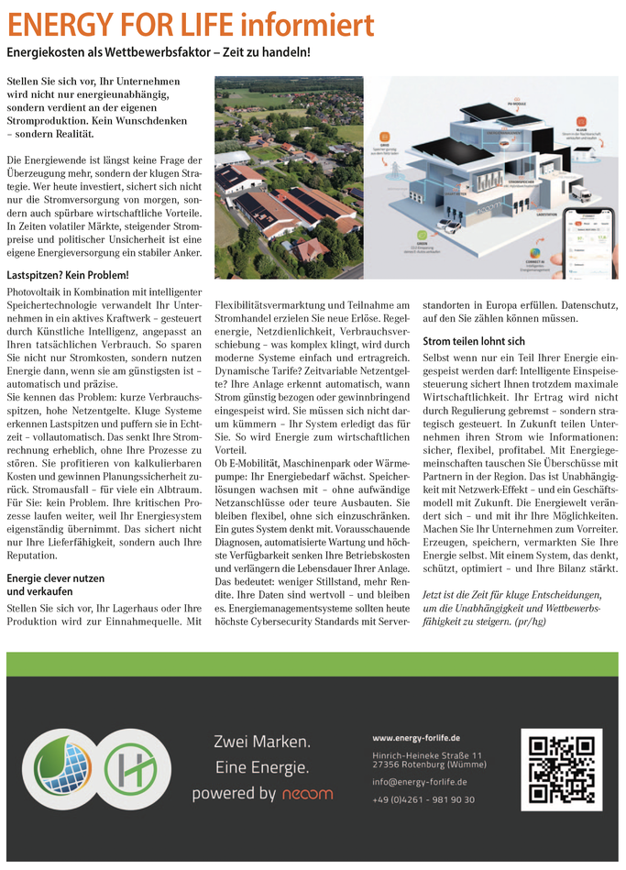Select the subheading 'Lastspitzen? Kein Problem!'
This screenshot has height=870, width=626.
point(68,275)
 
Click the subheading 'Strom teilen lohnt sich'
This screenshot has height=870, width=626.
point(474,341)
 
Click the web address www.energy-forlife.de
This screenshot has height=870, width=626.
point(416,738)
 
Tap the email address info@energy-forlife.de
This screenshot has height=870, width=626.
point(420,782)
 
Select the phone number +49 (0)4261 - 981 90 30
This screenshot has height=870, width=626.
point(423,799)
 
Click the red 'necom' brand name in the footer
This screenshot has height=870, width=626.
point(307,794)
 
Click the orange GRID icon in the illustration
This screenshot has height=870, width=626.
point(384,134)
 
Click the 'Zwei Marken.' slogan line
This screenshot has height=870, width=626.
point(262,741)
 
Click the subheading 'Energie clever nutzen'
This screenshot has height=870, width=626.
point(56,578)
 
